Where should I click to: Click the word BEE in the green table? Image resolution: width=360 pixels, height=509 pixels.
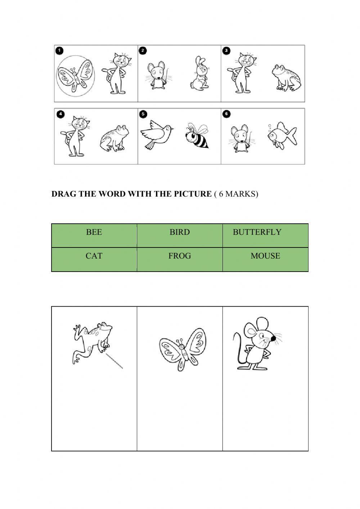point(94,232)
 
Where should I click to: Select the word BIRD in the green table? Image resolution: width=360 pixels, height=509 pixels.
point(179,232)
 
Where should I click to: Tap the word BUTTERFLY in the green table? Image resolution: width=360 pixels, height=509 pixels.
point(257,232)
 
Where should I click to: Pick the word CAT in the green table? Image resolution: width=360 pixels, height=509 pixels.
point(94,256)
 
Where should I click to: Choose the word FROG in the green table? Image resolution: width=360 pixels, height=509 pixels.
point(179,256)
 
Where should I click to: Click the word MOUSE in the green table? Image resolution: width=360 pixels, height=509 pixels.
point(265,256)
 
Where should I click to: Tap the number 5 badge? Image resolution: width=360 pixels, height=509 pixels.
point(143,114)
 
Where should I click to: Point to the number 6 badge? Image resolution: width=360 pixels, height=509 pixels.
point(226,114)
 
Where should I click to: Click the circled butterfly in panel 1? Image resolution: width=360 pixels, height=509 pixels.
point(76,76)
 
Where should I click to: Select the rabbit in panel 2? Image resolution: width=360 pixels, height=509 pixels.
point(199,74)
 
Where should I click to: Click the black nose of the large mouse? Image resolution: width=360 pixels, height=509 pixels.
point(273,339)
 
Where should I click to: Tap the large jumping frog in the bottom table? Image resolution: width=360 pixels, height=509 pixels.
point(92,344)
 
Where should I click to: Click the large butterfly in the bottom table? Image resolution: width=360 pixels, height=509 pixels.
point(183,349)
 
